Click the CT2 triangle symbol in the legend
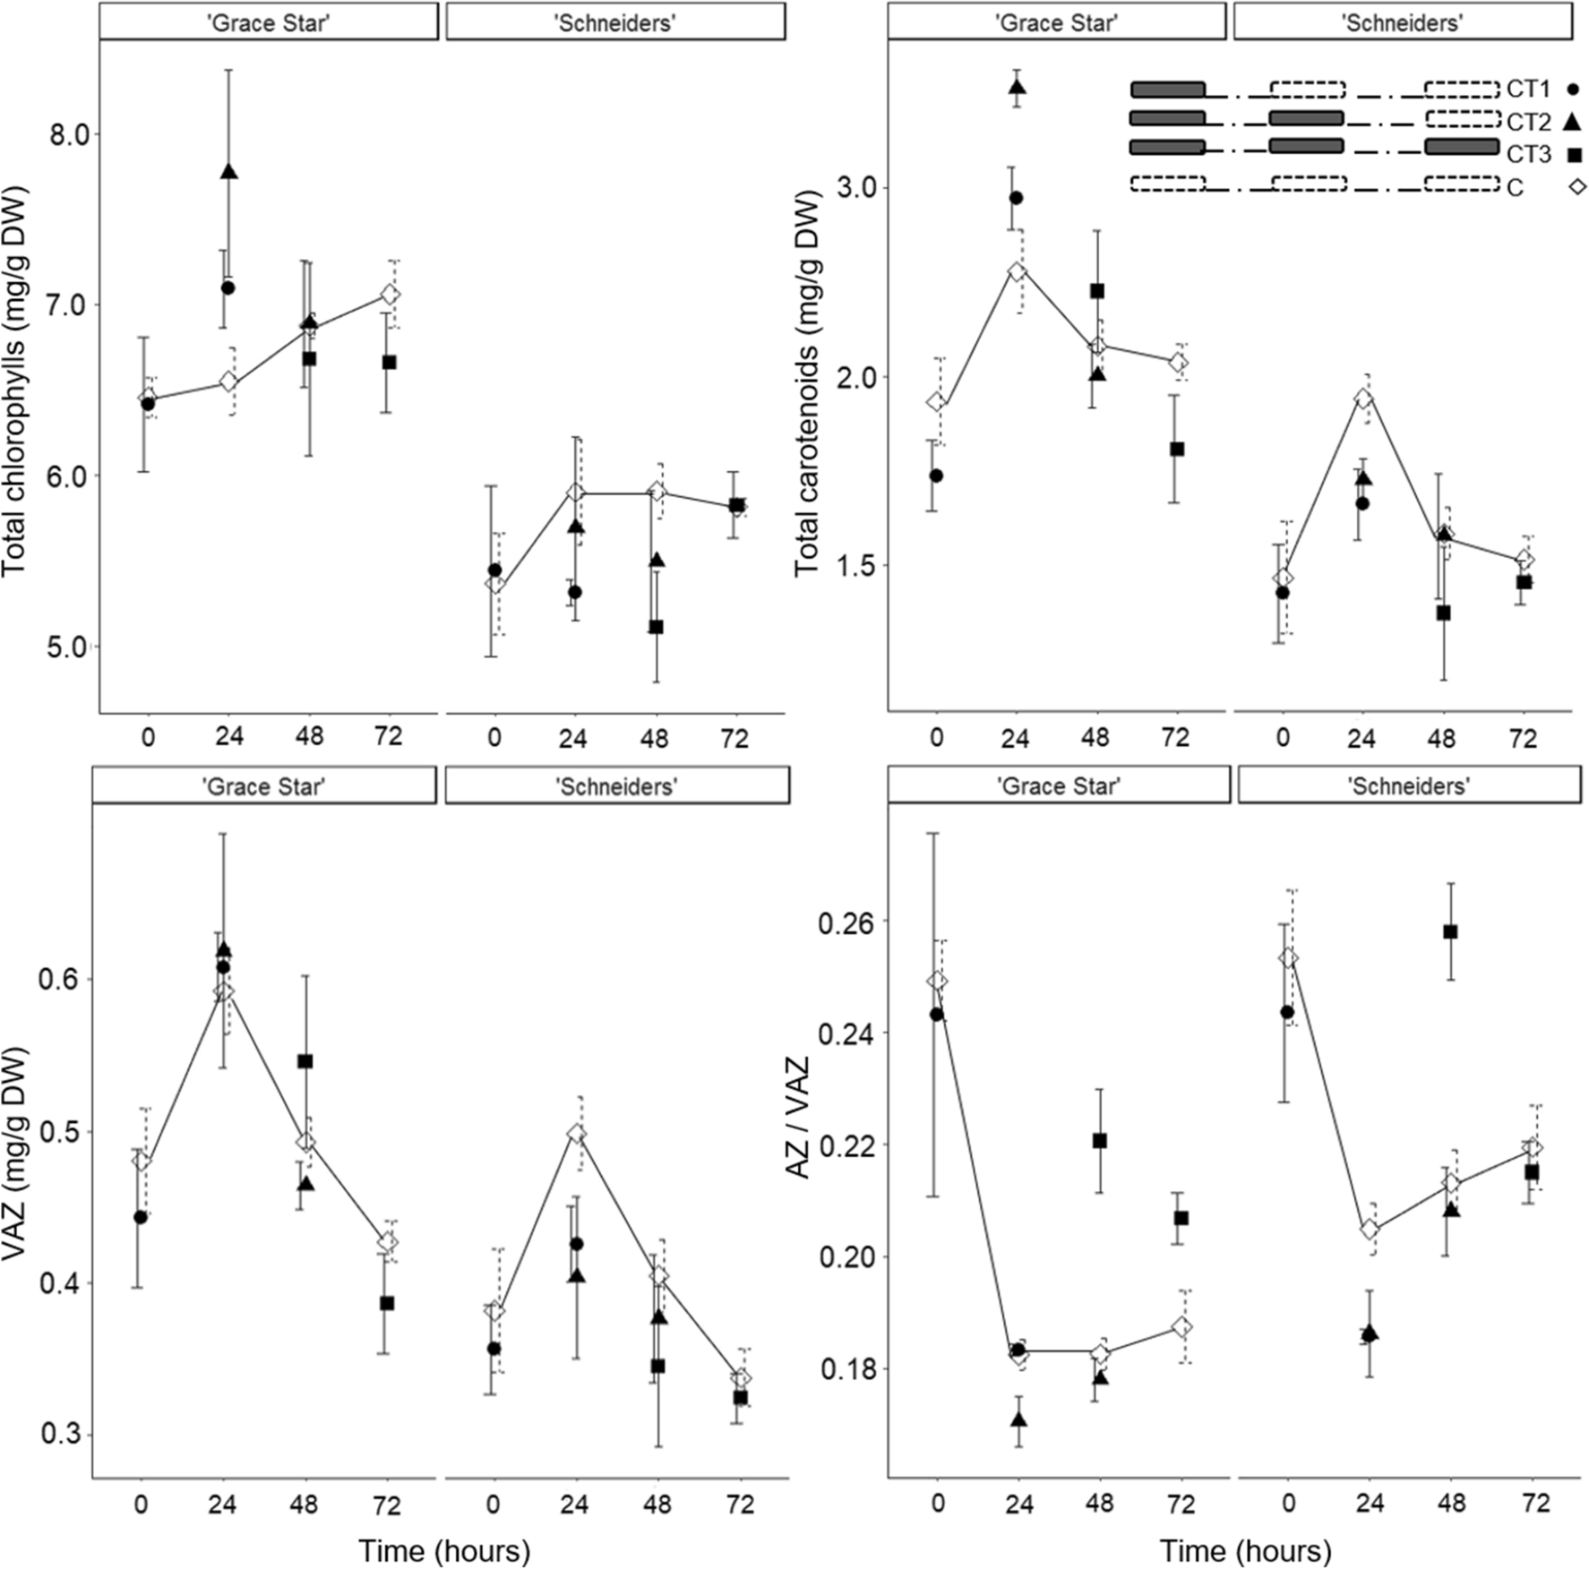pyautogui.click(x=1573, y=121)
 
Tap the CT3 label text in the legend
pyautogui.click(x=1528, y=155)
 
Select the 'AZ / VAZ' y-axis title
pyautogui.click(x=798, y=1117)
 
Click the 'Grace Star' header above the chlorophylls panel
pyautogui.click(x=268, y=23)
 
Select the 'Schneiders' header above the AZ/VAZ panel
pyautogui.click(x=1408, y=786)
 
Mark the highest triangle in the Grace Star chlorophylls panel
pyautogui.click(x=228, y=172)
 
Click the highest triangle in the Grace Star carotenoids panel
pyautogui.click(x=1016, y=87)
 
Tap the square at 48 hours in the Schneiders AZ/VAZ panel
pyautogui.click(x=1450, y=931)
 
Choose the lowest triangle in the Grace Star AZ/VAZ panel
pyautogui.click(x=1018, y=1419)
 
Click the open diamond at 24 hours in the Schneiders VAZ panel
pyautogui.click(x=576, y=1134)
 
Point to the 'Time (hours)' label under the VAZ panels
pyautogui.click(x=444, y=1550)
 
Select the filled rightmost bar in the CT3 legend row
pyautogui.click(x=1460, y=147)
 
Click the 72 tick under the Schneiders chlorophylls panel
pyautogui.click(x=734, y=737)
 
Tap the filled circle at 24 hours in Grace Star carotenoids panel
pyautogui.click(x=1016, y=198)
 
